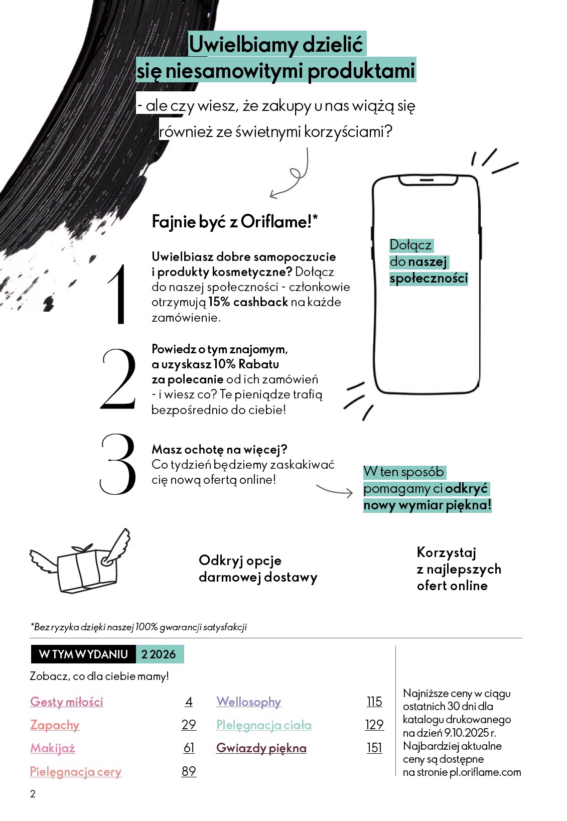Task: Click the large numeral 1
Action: (x=118, y=295)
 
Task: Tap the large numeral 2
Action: (x=118, y=379)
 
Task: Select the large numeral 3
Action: (x=118, y=464)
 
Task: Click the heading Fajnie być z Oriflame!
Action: (x=235, y=222)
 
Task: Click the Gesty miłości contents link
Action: (x=67, y=702)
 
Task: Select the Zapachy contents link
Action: (x=55, y=725)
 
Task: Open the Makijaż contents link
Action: (x=53, y=748)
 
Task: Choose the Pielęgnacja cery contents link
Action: (x=76, y=771)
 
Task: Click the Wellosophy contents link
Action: (x=248, y=702)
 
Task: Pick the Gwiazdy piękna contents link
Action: (x=261, y=748)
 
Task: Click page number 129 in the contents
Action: (x=374, y=725)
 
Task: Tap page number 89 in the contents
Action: (x=189, y=771)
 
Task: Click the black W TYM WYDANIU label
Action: (x=83, y=654)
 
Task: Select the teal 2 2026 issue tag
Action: (x=159, y=654)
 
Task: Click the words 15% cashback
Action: (x=248, y=302)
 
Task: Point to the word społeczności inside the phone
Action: (x=429, y=279)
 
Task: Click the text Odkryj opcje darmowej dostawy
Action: (x=257, y=569)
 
